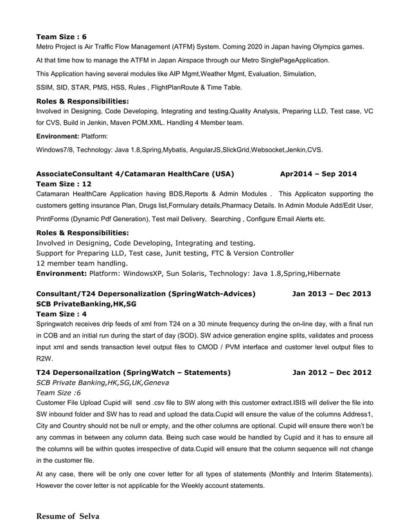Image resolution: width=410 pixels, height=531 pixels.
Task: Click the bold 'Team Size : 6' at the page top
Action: pos(61,37)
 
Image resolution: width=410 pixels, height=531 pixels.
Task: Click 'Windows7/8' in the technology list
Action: pos(56,150)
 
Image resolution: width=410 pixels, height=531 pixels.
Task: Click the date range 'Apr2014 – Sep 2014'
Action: pos(318,174)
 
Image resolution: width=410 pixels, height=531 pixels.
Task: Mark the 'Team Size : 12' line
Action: pos(64,184)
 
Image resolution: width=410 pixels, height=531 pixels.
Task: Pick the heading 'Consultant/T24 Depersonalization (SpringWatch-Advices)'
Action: pos(146,294)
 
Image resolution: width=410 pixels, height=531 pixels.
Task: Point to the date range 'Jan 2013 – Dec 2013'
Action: pos(331,294)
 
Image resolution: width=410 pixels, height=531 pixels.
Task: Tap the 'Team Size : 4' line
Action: pos(61,314)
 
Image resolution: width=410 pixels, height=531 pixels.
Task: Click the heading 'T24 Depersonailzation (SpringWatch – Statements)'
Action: pos(133,372)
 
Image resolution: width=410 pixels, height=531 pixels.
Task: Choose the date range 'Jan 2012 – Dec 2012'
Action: pos(331,372)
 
